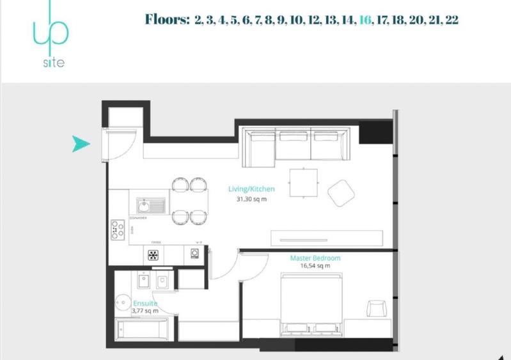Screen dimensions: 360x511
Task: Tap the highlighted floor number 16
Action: pyautogui.click(x=365, y=20)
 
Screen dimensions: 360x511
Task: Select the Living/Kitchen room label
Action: pyautogui.click(x=251, y=189)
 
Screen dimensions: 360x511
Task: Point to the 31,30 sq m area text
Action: pyautogui.click(x=251, y=199)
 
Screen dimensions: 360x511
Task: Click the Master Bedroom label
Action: pyautogui.click(x=315, y=258)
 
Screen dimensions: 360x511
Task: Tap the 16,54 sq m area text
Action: pyautogui.click(x=315, y=266)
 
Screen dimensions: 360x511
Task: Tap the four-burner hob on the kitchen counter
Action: pyautogui.click(x=118, y=229)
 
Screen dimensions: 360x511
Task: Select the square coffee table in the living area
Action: pyautogui.click(x=303, y=182)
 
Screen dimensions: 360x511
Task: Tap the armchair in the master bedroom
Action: pyautogui.click(x=377, y=308)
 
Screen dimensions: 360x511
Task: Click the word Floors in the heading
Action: pyautogui.click(x=168, y=20)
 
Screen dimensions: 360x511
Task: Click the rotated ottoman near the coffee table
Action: pyautogui.click(x=342, y=192)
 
